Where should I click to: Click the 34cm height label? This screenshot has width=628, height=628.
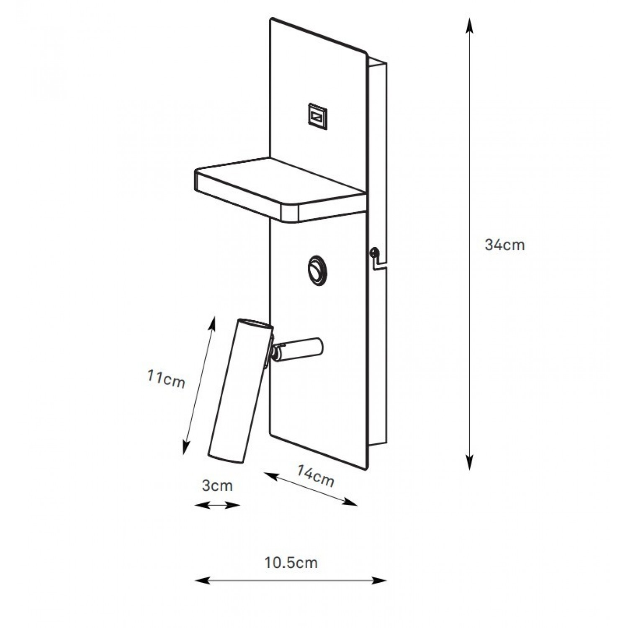tap(504, 245)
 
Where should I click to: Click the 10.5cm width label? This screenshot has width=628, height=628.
tap(291, 563)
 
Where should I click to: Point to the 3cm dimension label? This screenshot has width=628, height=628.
tap(217, 486)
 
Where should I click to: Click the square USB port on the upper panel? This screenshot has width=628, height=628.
tap(317, 114)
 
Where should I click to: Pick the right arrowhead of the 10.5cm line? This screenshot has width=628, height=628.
tap(379, 581)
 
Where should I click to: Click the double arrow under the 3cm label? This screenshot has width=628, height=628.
tap(218, 505)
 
